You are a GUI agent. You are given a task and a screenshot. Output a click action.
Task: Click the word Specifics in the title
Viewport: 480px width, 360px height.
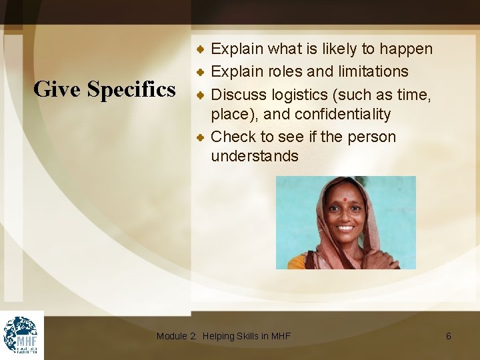pyautogui.click(x=131, y=89)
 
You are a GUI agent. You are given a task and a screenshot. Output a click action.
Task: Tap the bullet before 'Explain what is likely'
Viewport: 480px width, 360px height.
pyautogui.click(x=200, y=49)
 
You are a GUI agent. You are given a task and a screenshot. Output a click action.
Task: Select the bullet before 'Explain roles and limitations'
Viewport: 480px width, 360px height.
pyautogui.click(x=200, y=71)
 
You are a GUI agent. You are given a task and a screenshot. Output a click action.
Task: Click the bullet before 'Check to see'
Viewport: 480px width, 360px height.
pyautogui.click(x=200, y=137)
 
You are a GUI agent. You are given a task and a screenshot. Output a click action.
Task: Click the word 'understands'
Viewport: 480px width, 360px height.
pyautogui.click(x=254, y=157)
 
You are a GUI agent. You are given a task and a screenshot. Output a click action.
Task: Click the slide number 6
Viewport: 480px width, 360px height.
pyautogui.click(x=448, y=337)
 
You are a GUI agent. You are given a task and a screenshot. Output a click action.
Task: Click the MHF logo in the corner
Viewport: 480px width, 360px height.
pyautogui.click(x=21, y=335)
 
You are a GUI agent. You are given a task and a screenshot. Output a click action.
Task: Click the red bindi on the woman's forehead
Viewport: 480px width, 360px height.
pyautogui.click(x=345, y=199)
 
